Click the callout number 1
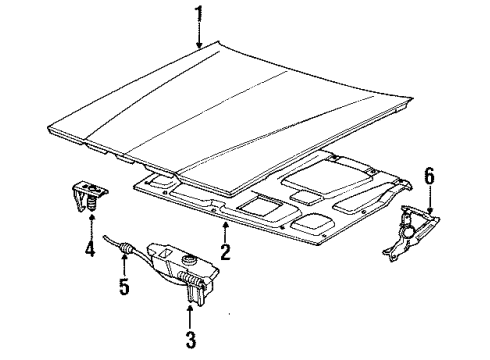tap(198, 14)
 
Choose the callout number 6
tap(429, 177)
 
